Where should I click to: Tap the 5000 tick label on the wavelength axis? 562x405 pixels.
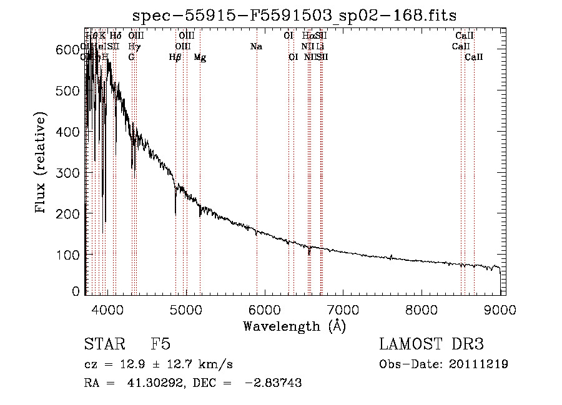point(185,310)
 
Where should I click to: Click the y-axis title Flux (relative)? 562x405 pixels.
point(42,163)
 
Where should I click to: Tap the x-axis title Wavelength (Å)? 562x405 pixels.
point(294,326)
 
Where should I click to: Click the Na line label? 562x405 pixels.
point(255,47)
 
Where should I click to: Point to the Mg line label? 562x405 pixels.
point(200,57)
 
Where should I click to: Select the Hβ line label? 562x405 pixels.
point(175,57)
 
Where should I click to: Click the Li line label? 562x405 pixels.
point(320,47)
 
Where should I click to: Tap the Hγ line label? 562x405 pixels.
point(134,47)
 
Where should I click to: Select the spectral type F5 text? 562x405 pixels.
point(160,344)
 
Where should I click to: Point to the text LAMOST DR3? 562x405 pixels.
point(431,344)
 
